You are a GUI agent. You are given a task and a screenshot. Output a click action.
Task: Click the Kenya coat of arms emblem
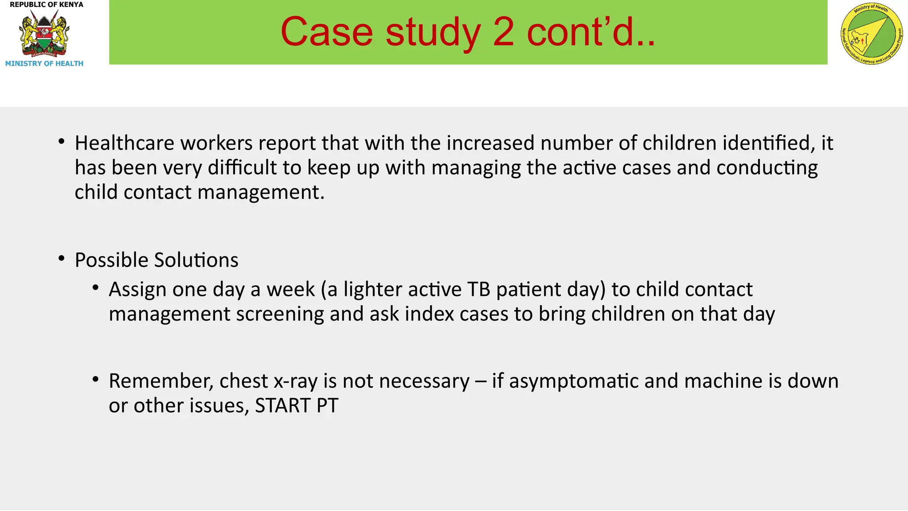pyautogui.click(x=44, y=34)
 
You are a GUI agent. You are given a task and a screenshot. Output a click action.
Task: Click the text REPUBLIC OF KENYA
pyautogui.click(x=46, y=5)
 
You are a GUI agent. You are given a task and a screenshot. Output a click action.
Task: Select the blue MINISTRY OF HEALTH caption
pyautogui.click(x=44, y=64)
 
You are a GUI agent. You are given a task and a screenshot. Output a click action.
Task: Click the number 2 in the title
pyautogui.click(x=503, y=32)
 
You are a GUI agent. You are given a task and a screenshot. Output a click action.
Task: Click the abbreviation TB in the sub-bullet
pyautogui.click(x=478, y=290)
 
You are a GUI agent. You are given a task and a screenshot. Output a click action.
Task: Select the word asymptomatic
pyautogui.click(x=574, y=381)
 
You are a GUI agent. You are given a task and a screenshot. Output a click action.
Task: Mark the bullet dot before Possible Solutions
pyautogui.click(x=62, y=258)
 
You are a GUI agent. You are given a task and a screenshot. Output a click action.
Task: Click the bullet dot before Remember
pyautogui.click(x=95, y=379)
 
